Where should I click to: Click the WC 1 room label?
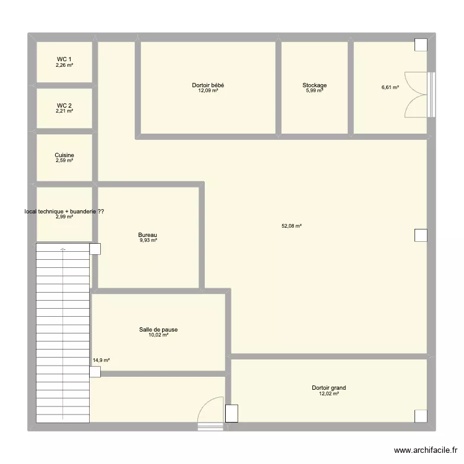tap(64, 59)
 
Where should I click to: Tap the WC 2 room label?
tap(64, 106)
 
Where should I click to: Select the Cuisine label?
tap(64, 155)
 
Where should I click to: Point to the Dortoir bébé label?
tap(208, 85)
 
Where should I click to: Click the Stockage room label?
tap(314, 85)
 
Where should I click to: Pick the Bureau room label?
tap(148, 235)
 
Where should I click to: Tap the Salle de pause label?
tap(158, 330)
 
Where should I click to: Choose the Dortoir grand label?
tap(329, 389)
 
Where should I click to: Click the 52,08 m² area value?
tap(291, 226)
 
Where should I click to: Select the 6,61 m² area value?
tap(390, 88)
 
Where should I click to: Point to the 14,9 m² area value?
tap(101, 360)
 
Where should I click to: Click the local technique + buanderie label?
tap(64, 212)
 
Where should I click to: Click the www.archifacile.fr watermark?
tap(426, 451)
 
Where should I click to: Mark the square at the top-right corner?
tap(421, 45)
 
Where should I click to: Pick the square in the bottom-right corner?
tap(421, 416)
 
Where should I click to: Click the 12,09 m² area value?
tap(208, 91)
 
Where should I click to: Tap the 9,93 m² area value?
tap(148, 241)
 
